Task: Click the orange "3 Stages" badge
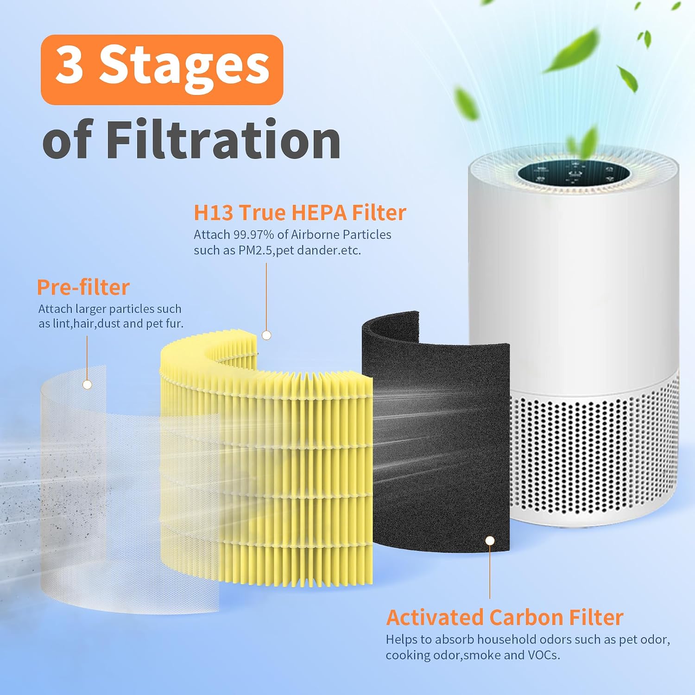pyautogui.click(x=162, y=69)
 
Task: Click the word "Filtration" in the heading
pyautogui.click(x=223, y=139)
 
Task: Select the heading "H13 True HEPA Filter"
pyautogui.click(x=300, y=213)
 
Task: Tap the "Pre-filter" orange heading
pyautogui.click(x=83, y=287)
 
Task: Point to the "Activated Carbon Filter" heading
pyautogui.click(x=505, y=618)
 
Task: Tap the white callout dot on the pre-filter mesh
pyautogui.click(x=87, y=385)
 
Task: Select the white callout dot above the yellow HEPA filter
pyautogui.click(x=266, y=335)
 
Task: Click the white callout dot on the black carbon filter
pyautogui.click(x=490, y=541)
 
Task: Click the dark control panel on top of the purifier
pyautogui.click(x=573, y=176)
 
